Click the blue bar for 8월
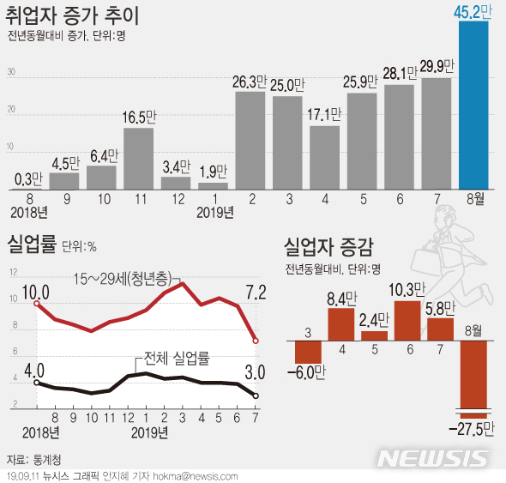click(474, 105)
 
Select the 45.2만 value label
click(473, 11)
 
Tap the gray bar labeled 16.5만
click(138, 158)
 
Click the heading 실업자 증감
click(328, 250)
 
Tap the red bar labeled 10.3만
click(407, 319)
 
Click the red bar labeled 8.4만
click(341, 323)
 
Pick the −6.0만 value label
click(308, 371)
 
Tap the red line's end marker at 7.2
click(256, 341)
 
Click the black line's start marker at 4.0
click(36, 383)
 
